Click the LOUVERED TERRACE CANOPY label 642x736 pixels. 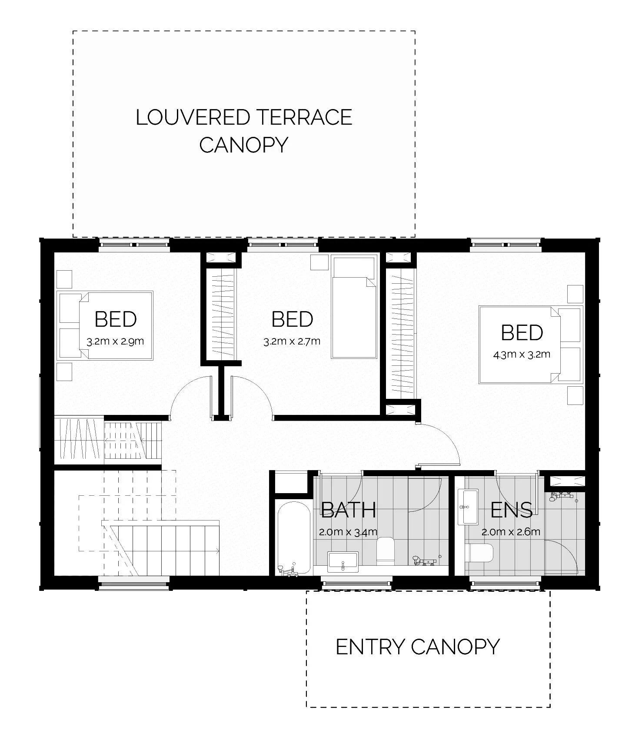tap(243, 131)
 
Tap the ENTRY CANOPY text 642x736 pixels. tap(418, 647)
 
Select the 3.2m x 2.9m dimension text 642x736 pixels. tap(115, 341)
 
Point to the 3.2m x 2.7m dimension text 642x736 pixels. tap(292, 341)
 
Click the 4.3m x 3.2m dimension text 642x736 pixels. tap(522, 355)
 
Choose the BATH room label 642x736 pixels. tap(349, 510)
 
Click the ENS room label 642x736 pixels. tap(511, 510)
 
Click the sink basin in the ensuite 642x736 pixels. tap(468, 507)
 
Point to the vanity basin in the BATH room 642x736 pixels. tap(343, 561)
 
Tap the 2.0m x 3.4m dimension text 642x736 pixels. tap(348, 532)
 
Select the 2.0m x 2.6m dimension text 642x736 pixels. tap(511, 532)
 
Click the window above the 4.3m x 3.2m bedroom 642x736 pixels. tap(506, 245)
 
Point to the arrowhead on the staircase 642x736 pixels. tap(217, 551)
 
